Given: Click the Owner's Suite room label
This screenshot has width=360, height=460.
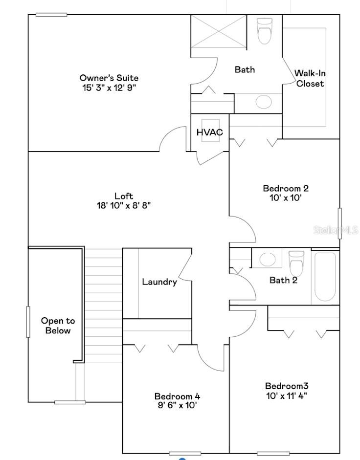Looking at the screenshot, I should pyautogui.click(x=109, y=78).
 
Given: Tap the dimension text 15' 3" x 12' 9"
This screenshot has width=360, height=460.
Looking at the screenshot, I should pyautogui.click(x=109, y=88).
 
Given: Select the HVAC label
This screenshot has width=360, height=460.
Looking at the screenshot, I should pyautogui.click(x=209, y=132).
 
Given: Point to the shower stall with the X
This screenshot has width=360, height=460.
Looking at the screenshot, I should pyautogui.click(x=219, y=31).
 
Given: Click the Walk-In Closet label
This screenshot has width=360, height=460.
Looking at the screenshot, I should pyautogui.click(x=310, y=78).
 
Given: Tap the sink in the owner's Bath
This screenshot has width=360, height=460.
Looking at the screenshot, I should pyautogui.click(x=264, y=102).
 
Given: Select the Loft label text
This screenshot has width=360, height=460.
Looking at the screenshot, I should pyautogui.click(x=123, y=196).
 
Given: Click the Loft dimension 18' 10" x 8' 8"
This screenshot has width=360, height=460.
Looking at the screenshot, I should pyautogui.click(x=123, y=206).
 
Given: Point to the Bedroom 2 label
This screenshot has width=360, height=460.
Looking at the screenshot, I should pyautogui.click(x=286, y=188).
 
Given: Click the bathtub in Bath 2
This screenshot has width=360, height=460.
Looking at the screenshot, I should pyautogui.click(x=325, y=277).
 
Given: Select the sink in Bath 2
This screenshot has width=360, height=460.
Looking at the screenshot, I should pyautogui.click(x=267, y=259).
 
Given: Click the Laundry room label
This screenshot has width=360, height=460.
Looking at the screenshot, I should pyautogui.click(x=159, y=282).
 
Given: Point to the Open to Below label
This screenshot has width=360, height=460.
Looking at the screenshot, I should pyautogui.click(x=58, y=326).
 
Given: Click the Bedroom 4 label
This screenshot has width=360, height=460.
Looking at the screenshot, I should pyautogui.click(x=177, y=396).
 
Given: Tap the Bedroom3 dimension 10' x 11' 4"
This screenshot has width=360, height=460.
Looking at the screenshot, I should pyautogui.click(x=286, y=395).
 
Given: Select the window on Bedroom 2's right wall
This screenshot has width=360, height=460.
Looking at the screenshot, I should pyautogui.click(x=339, y=223).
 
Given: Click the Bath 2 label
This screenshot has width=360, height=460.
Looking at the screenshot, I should pyautogui.click(x=283, y=280).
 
